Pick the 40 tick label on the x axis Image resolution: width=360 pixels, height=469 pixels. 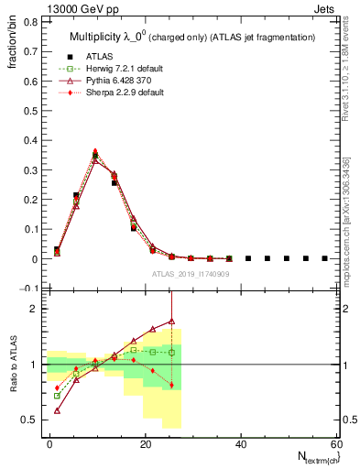(x=242, y=444)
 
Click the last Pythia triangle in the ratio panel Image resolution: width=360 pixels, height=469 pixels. (x=171, y=322)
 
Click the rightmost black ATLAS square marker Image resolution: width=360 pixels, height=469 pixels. (x=324, y=258)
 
